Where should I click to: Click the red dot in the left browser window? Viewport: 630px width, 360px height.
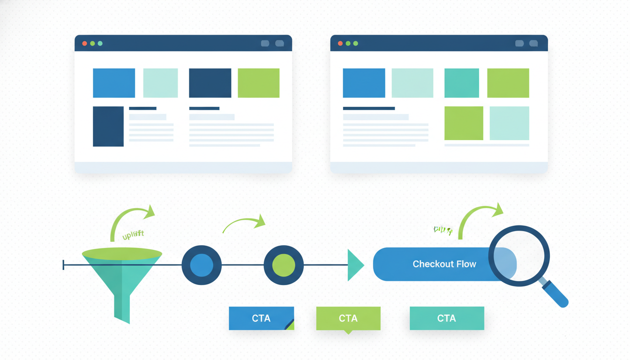tap(84, 44)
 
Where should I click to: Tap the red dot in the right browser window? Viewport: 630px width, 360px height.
tap(340, 44)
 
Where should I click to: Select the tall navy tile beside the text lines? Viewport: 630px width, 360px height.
tap(108, 127)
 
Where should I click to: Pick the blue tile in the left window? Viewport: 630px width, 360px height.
tap(114, 83)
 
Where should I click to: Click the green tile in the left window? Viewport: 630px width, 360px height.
tap(259, 83)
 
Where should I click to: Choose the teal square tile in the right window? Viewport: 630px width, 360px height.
tap(462, 83)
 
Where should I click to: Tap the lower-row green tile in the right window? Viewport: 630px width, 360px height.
tap(464, 123)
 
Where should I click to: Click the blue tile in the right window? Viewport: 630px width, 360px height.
tap(364, 83)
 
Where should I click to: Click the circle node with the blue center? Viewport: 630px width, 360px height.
tap(202, 265)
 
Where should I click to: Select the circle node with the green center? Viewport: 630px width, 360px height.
tap(284, 265)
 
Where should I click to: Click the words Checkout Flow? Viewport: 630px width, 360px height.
tap(444, 264)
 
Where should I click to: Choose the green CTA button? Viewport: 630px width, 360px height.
tap(348, 318)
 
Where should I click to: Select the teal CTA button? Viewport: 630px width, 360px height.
tap(447, 318)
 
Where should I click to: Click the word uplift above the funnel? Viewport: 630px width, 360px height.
tap(133, 235)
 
